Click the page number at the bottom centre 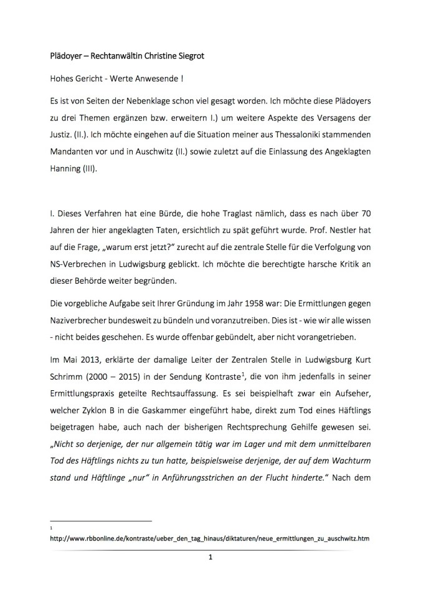[x=210, y=557]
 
